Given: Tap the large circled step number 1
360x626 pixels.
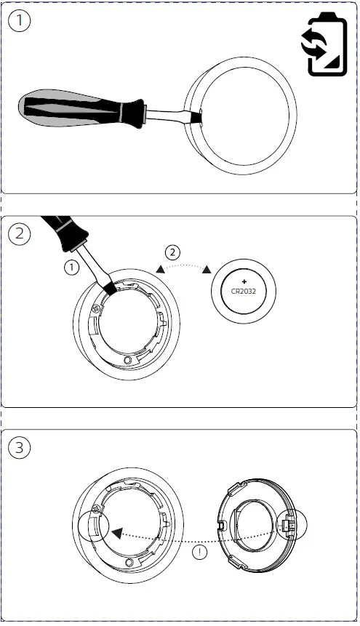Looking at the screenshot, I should click(20, 22).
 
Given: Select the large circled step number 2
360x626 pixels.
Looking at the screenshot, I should click(20, 233).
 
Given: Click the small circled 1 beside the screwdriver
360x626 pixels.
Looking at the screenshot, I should click(71, 268).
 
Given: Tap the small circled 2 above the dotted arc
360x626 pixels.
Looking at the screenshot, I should click(172, 253).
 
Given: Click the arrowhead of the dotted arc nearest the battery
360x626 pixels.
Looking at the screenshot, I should click(207, 270).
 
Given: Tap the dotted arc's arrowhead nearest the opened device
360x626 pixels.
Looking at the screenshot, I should click(160, 270).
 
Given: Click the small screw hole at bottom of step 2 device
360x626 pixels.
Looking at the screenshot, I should click(129, 360).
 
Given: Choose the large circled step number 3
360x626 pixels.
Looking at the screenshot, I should click(20, 448).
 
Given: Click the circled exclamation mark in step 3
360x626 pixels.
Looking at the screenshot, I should click(199, 553).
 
